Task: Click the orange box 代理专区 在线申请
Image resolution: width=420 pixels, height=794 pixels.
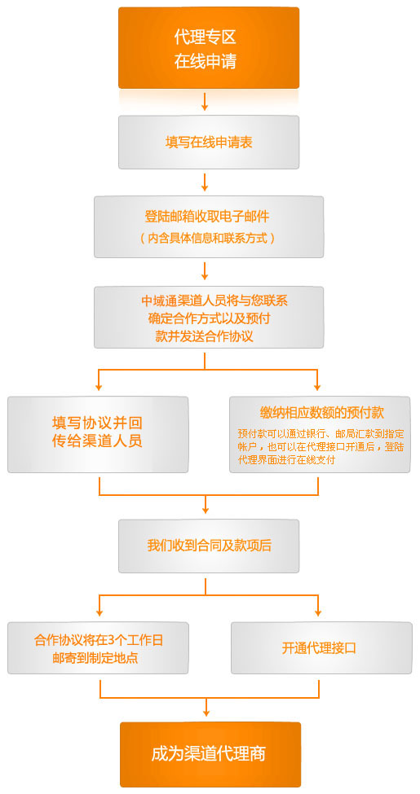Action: pyautogui.click(x=209, y=48)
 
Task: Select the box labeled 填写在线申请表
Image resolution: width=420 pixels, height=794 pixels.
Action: pyautogui.click(x=209, y=143)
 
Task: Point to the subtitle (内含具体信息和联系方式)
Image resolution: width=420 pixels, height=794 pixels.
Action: pyautogui.click(x=208, y=238)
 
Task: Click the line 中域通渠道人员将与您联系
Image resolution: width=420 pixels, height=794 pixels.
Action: pyautogui.click(x=214, y=300)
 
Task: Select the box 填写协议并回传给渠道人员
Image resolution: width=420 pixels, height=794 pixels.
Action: pyautogui.click(x=98, y=435)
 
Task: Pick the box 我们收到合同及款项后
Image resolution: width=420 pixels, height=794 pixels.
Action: pyautogui.click(x=209, y=546)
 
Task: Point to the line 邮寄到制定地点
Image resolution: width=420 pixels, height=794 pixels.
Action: pyautogui.click(x=95, y=658)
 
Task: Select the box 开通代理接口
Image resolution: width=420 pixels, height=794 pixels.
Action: pyautogui.click(x=321, y=648)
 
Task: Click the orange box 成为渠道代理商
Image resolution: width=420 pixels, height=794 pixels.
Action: pyautogui.click(x=210, y=754)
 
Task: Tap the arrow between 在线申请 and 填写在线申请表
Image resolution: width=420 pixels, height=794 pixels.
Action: pyautogui.click(x=205, y=101)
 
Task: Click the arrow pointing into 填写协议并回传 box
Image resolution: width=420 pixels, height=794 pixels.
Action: pyautogui.click(x=99, y=380)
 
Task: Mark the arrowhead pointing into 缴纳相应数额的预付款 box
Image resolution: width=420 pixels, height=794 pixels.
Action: pyautogui.click(x=317, y=387)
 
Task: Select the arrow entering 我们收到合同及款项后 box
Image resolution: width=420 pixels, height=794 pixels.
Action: pyautogui.click(x=205, y=504)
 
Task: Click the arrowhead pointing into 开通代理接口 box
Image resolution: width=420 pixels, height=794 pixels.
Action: pyautogui.click(x=319, y=612)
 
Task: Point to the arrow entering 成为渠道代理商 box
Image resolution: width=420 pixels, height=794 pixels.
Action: pyautogui.click(x=206, y=708)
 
